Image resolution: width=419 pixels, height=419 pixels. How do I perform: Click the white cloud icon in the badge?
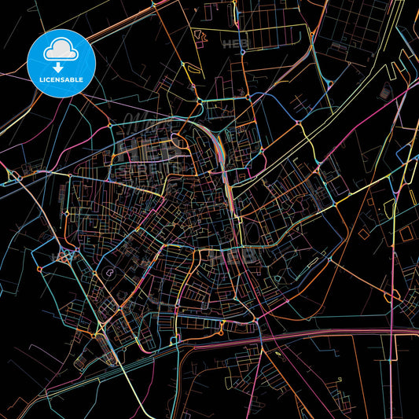tap(61, 51)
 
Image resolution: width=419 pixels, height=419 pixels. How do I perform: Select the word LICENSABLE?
tap(61, 81)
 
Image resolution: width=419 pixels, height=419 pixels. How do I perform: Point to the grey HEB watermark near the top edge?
tap(236, 43)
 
